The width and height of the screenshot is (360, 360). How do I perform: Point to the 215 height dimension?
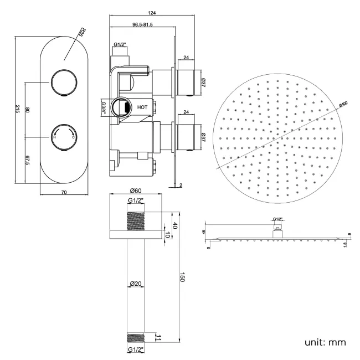click(18, 109)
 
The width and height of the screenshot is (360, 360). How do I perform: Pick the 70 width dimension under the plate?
click(64, 192)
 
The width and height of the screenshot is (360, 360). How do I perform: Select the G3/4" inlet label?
click(104, 106)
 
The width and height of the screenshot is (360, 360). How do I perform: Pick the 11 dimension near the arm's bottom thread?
click(158, 336)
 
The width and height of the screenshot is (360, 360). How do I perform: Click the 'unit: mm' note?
click(325, 342)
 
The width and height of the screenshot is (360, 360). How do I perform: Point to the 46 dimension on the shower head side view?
click(204, 232)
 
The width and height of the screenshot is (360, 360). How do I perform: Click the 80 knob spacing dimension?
click(27, 110)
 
